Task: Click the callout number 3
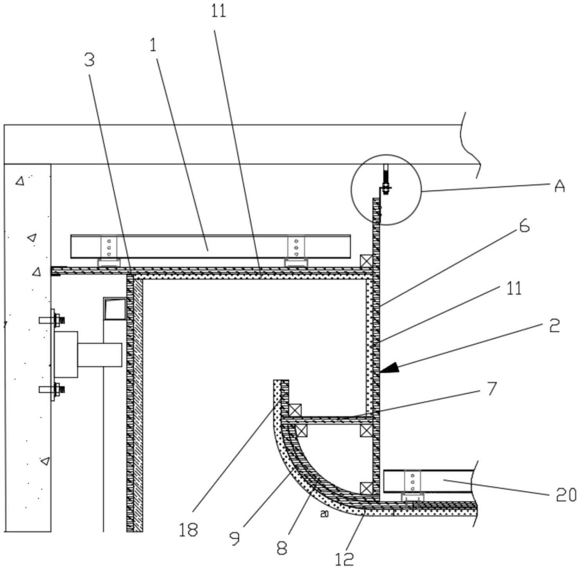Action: (x=89, y=60)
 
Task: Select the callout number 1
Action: (x=153, y=45)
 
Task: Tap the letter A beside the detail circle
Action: (x=560, y=186)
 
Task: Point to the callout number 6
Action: (x=524, y=226)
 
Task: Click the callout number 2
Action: (x=554, y=325)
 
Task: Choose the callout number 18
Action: (x=188, y=530)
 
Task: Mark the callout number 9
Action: (x=235, y=539)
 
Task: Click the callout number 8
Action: (x=282, y=548)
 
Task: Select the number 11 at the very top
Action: (x=219, y=11)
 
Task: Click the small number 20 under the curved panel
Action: (x=324, y=515)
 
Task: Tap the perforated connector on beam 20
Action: (x=412, y=484)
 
